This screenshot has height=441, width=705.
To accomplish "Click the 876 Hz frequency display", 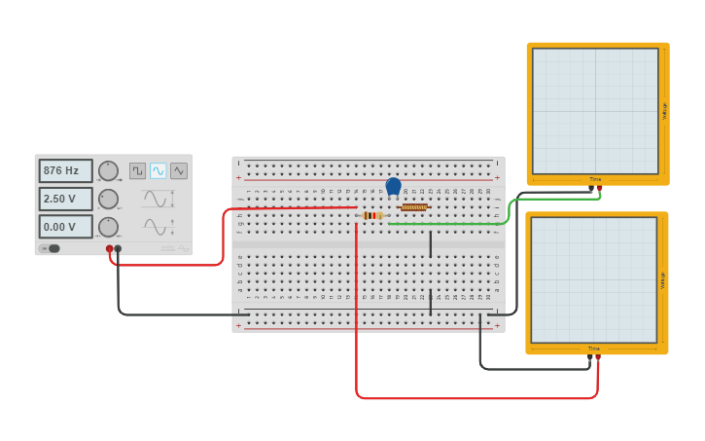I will point(65,170).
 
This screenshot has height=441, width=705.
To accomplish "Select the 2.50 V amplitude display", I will point(65,199).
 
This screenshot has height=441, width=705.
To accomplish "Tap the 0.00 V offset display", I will point(65,227).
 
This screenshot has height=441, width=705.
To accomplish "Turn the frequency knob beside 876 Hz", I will point(108,170).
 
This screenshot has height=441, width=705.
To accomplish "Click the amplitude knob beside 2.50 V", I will point(108,199).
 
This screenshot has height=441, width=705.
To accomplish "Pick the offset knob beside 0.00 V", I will point(108,227).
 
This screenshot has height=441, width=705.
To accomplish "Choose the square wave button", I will point(137,170).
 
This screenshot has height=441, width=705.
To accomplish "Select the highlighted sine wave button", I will point(158,170).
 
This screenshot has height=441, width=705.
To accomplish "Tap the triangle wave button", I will point(179,170).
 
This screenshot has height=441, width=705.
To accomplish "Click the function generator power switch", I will point(53,248).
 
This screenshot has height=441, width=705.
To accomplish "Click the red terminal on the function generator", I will point(109,249).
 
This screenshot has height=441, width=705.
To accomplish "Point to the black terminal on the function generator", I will point(118,249).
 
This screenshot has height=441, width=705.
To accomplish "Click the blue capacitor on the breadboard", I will point(393,186).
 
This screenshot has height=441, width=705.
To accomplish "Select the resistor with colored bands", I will point(370,215).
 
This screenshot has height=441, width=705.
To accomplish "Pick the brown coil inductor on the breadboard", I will point(414,206).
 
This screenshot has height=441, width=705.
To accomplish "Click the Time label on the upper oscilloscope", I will point(595,179).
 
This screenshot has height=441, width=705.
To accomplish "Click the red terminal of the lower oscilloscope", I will point(598,357).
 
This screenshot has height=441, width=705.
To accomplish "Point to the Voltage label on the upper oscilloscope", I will point(664,111).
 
